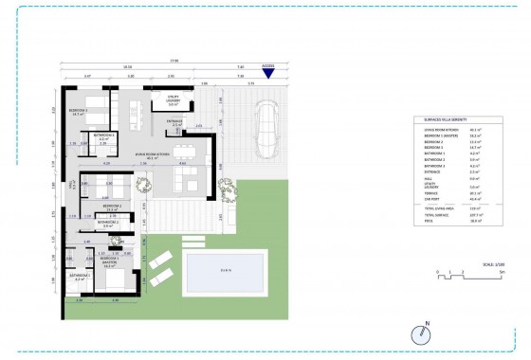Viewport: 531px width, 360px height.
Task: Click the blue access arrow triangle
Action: coord(269,76)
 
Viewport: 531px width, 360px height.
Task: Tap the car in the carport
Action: coord(265,126)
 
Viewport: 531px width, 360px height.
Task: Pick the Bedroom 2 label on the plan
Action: coord(112,205)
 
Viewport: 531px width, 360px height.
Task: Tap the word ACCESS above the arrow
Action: coord(268,65)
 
